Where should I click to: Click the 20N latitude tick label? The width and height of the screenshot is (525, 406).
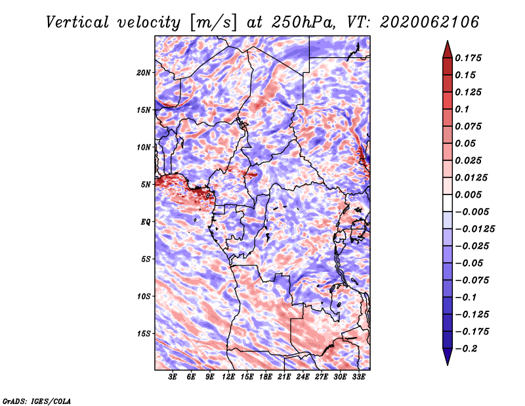(143, 73)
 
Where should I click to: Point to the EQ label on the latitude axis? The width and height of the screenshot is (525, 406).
(145, 222)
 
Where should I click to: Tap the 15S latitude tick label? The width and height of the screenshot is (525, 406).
(143, 334)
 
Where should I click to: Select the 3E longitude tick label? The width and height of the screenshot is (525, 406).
(173, 377)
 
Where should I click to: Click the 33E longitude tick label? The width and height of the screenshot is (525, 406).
(358, 377)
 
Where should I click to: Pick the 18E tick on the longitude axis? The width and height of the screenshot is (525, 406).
(266, 377)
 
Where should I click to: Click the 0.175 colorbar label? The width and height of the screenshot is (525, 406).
(468, 58)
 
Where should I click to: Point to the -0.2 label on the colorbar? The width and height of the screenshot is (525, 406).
(466, 349)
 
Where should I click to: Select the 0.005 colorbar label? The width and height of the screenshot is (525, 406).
(468, 194)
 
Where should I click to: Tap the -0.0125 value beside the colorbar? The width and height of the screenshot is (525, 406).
(474, 229)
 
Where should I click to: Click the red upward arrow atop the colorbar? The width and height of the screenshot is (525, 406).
(448, 49)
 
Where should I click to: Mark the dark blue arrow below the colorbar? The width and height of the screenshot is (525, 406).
(448, 357)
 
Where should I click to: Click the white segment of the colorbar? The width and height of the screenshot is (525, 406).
(448, 203)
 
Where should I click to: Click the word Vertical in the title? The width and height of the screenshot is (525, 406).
(77, 22)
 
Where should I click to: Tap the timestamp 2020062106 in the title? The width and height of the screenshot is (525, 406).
(429, 22)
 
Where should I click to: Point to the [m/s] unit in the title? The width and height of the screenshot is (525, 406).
(213, 22)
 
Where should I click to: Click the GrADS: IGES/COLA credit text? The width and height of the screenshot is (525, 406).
(37, 401)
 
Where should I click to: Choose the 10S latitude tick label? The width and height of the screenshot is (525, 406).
(143, 296)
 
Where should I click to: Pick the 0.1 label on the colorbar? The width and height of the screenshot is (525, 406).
(462, 109)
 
